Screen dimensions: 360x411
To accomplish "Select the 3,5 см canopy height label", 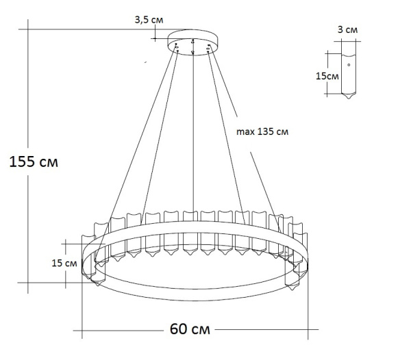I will pos(149,20).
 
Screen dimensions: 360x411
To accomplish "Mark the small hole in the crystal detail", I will pos(349,65).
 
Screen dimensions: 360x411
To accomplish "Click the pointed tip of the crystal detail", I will pos(349,98).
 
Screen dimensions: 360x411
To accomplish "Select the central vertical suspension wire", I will pos(194,137).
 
